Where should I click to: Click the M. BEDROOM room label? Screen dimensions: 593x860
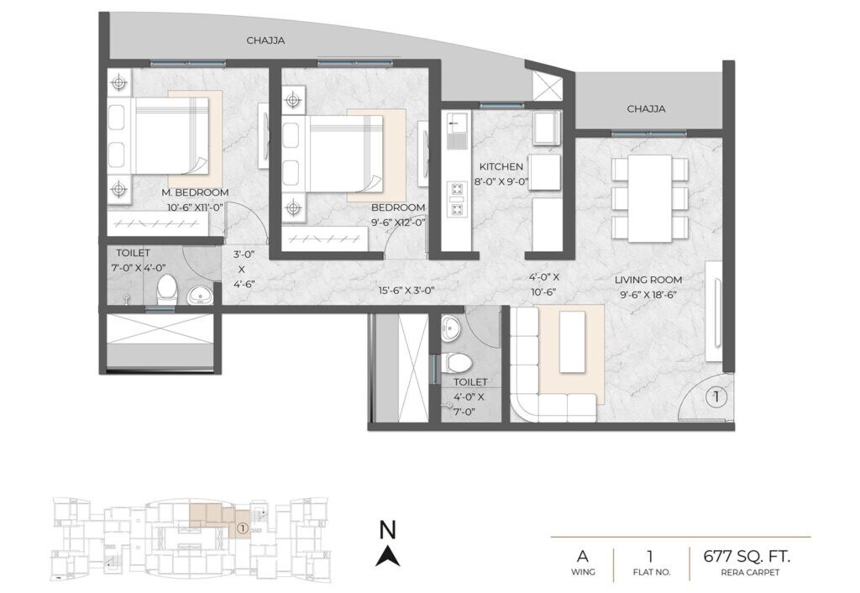195,192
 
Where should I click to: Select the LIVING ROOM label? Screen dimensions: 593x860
648,280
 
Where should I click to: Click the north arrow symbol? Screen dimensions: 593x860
387,555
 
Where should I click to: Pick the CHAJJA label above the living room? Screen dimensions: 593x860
646,108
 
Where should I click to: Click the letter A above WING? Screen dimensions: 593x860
581,555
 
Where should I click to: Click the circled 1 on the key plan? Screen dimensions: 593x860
241,528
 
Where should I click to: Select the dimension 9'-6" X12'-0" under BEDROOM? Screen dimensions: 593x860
397,223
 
